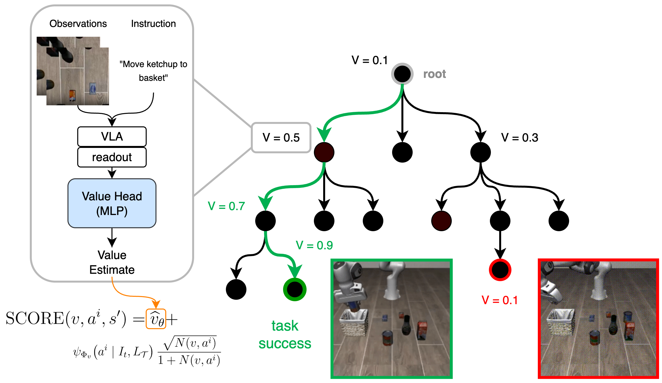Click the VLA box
[x=112, y=136]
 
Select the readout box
[x=112, y=157]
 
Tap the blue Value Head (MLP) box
[x=112, y=203]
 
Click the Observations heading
[x=78, y=24]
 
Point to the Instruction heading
[x=153, y=24]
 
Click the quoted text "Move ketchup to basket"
[x=153, y=71]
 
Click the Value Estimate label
[x=112, y=262]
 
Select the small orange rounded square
[x=156, y=319]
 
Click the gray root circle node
[x=402, y=74]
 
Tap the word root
[x=435, y=74]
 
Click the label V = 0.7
[x=226, y=206]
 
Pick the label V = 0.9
[x=314, y=245]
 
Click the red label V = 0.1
[x=499, y=300]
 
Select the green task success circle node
[x=295, y=289]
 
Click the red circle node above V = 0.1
[x=500, y=270]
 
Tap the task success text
[x=285, y=335]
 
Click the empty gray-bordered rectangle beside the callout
[x=281, y=138]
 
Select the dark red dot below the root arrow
[x=324, y=152]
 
